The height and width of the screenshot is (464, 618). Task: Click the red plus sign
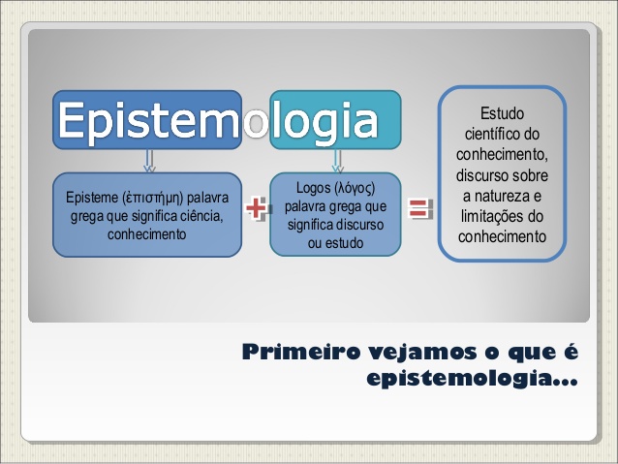257,207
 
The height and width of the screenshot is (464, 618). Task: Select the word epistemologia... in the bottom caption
473,378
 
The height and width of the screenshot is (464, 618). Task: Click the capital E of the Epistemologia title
75,121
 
